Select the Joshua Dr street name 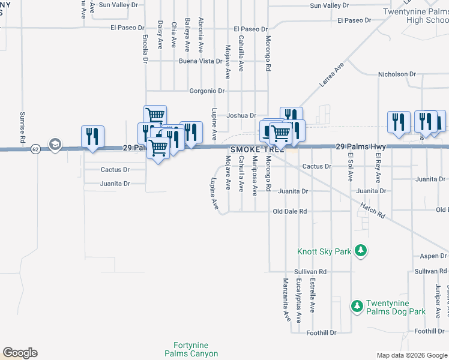[241, 116]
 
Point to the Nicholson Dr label [396, 74]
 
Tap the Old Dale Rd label [289, 212]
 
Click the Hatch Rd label [372, 210]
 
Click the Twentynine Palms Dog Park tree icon [357, 307]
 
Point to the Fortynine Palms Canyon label [195, 350]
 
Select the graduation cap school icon [55, 145]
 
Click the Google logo [20, 353]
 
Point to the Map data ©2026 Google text [411, 355]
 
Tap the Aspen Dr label [433, 256]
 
